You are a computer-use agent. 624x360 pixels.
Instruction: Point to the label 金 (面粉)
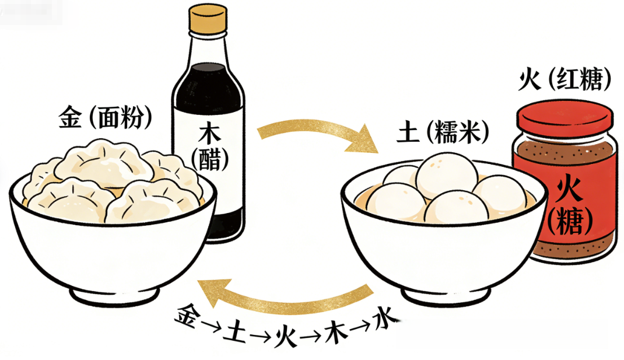pos(106,118)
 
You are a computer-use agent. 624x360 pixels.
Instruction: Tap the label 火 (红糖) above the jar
pos(565,81)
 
